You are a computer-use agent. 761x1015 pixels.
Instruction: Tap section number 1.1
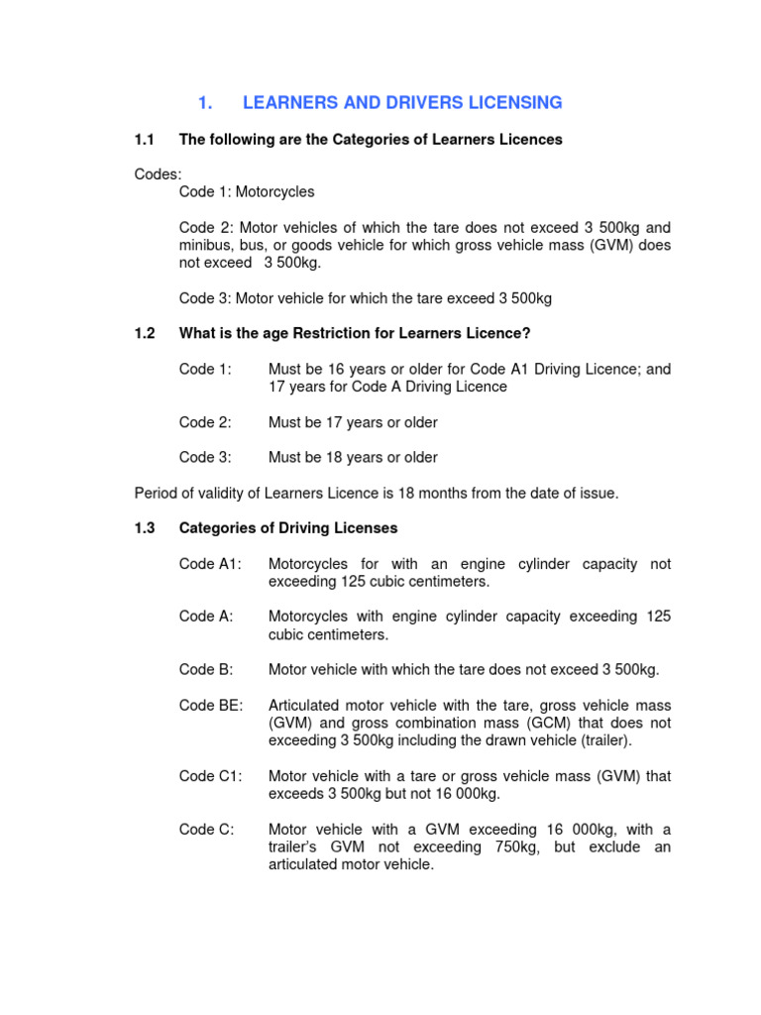pos(145,140)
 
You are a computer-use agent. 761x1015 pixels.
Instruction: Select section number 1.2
pos(145,334)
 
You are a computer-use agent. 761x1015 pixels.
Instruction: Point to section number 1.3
pos(145,528)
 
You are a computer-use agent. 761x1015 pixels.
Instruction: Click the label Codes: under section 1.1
pos(158,174)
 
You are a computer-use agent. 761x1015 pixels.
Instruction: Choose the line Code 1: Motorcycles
pos(247,191)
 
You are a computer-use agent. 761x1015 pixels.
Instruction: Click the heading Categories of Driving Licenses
pos(288,528)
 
